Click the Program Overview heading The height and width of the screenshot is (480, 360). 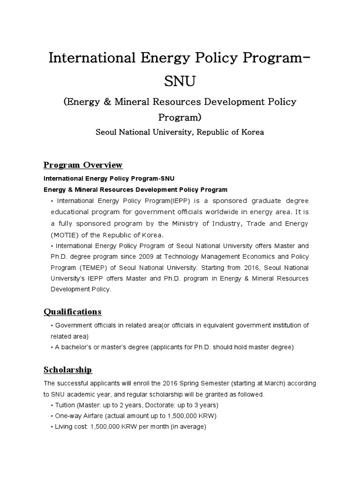[x=83, y=165]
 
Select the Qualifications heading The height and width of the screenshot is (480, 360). [x=72, y=312]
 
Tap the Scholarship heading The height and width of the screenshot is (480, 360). [x=67, y=370]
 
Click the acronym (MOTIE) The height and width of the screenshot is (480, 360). [x=64, y=235]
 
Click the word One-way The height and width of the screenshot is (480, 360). [x=69, y=416]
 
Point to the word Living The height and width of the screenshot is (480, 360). [x=65, y=427]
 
